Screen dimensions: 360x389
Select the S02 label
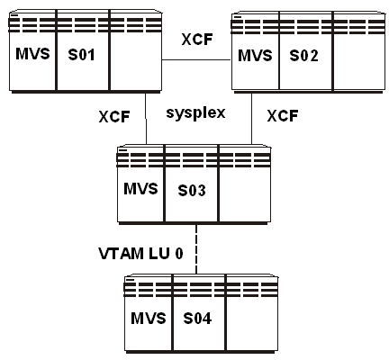(303, 56)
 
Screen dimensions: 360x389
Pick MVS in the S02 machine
(255, 56)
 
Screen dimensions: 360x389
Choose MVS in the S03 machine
(140, 189)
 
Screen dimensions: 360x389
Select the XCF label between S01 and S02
(195, 40)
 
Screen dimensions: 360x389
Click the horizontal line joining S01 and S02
(195, 59)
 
